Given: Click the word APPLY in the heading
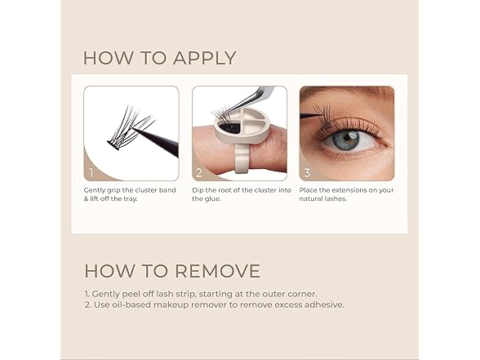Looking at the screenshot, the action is (204, 58).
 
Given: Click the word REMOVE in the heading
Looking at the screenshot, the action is (218, 271).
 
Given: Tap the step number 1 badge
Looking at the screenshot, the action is (91, 173).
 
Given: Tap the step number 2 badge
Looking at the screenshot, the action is (199, 173).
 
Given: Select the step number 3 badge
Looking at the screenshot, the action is (307, 173).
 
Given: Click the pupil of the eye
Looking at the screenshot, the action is (346, 140).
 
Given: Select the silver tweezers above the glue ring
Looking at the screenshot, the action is (251, 99).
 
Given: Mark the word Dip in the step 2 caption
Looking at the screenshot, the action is (198, 190).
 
